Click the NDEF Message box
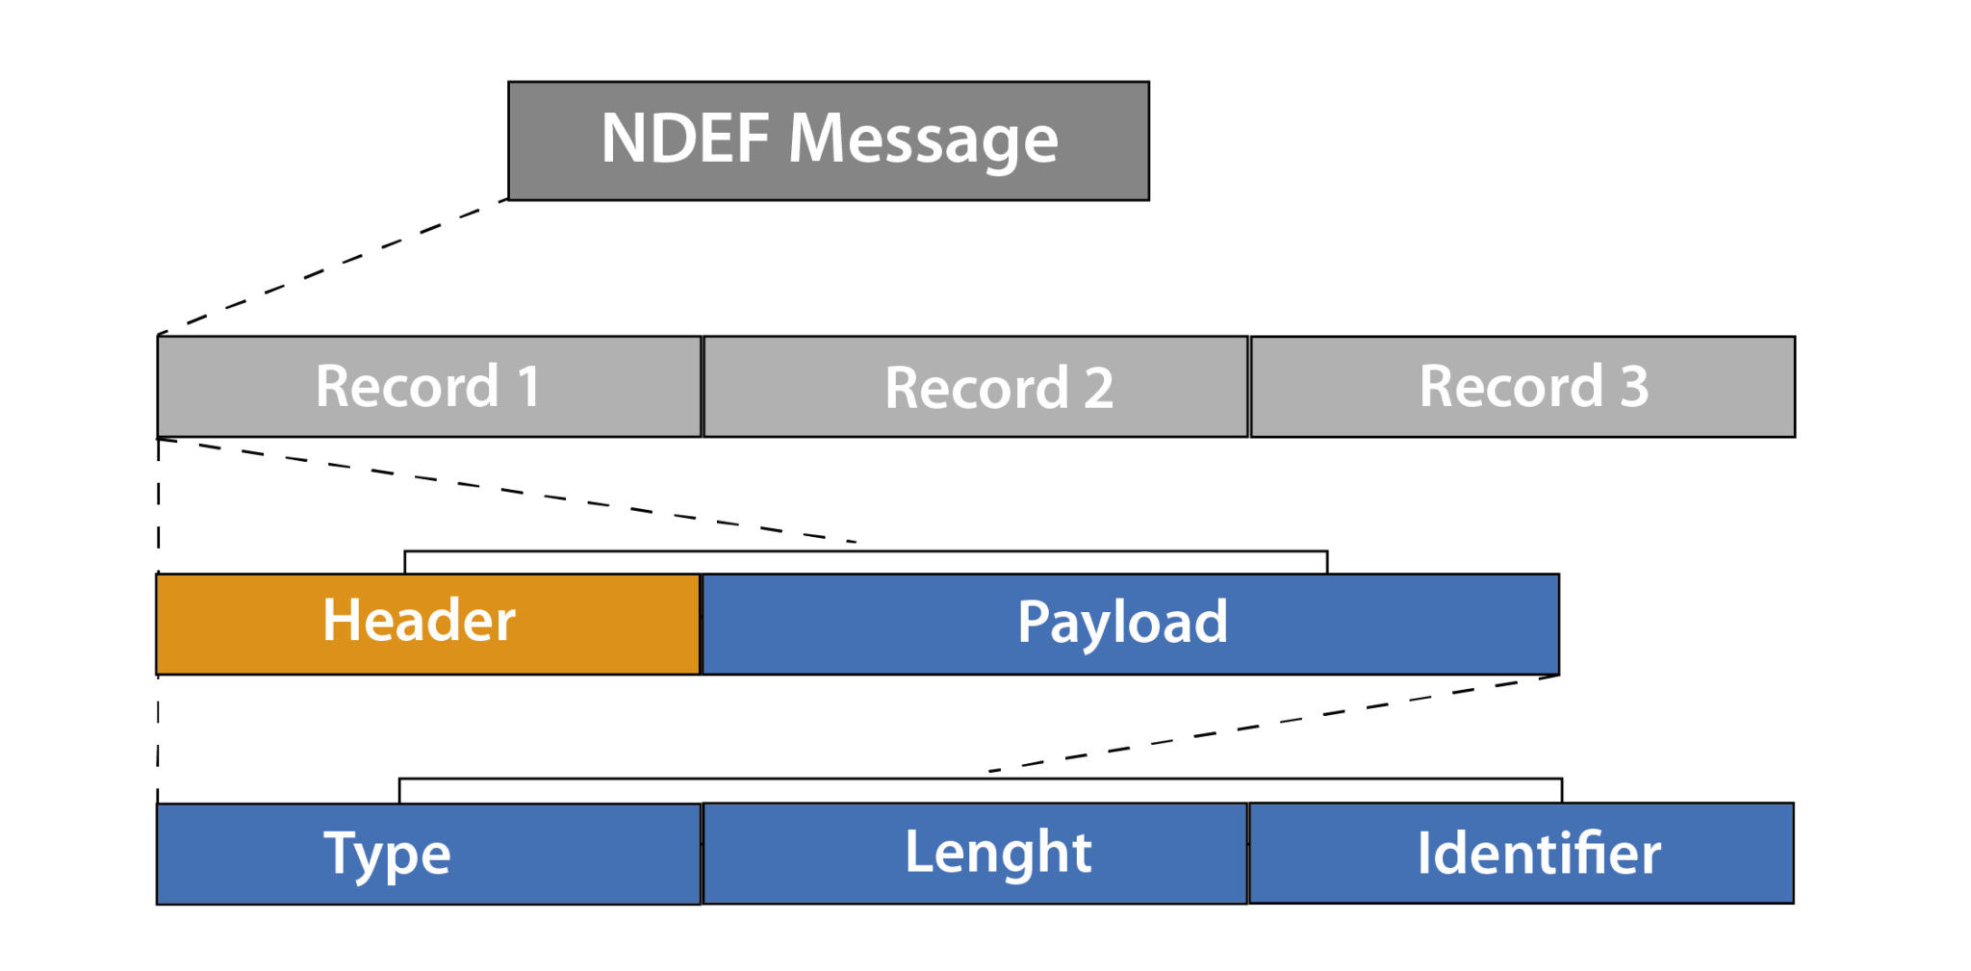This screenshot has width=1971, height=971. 828,141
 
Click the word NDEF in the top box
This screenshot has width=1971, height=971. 684,139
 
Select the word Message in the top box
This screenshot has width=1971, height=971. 922,141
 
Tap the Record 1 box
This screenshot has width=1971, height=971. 429,387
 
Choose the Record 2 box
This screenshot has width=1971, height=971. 975,387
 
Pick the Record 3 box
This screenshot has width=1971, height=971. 1522,387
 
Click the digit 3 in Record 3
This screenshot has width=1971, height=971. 1633,387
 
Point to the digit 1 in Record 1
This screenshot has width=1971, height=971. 528,387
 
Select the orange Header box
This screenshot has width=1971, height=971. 427,624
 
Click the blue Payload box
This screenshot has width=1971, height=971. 1130,624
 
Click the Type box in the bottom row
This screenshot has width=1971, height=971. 428,854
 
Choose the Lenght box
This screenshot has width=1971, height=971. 975,853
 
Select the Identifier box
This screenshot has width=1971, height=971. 1521,853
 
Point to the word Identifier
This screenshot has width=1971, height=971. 1538,853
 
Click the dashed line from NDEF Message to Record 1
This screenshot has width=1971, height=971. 332,267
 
